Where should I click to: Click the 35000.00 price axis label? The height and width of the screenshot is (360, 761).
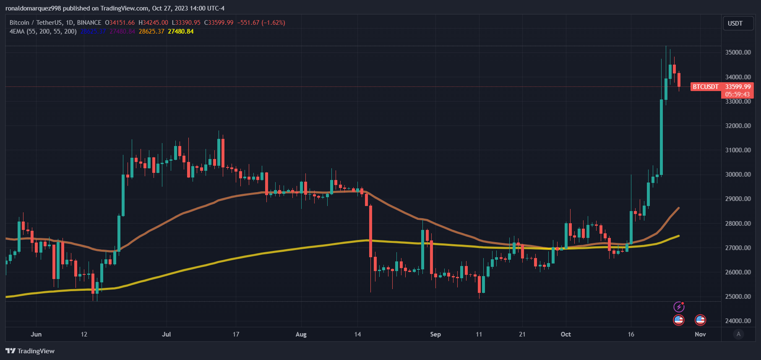[x=738, y=52]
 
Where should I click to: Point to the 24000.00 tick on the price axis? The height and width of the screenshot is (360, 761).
[x=738, y=321]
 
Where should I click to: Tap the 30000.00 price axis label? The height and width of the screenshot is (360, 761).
[x=738, y=175]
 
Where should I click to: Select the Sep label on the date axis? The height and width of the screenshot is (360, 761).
[x=435, y=334]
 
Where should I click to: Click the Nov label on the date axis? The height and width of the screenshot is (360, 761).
[x=700, y=334]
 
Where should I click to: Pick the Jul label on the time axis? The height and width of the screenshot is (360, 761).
[x=167, y=334]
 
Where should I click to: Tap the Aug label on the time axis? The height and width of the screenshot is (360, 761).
[x=301, y=334]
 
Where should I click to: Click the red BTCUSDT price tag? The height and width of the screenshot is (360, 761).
[x=706, y=87]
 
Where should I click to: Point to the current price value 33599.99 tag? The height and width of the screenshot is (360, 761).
[x=738, y=87]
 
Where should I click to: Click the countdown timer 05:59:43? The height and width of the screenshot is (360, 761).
[x=738, y=94]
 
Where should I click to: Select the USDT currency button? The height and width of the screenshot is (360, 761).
[x=735, y=23]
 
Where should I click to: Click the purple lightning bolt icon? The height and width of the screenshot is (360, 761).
[x=679, y=307]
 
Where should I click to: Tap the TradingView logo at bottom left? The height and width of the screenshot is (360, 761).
[x=30, y=351]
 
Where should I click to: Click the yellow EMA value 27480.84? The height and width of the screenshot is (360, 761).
[x=181, y=31]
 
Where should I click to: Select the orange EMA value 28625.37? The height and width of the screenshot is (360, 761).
[x=151, y=31]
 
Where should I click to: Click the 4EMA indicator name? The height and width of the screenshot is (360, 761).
[x=17, y=31]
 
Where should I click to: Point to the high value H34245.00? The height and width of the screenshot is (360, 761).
[x=153, y=23]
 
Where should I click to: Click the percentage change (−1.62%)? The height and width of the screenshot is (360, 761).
[x=273, y=23]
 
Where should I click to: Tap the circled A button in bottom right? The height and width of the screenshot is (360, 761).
[x=739, y=334]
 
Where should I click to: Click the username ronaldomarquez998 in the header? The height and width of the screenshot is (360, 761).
[x=33, y=8]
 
